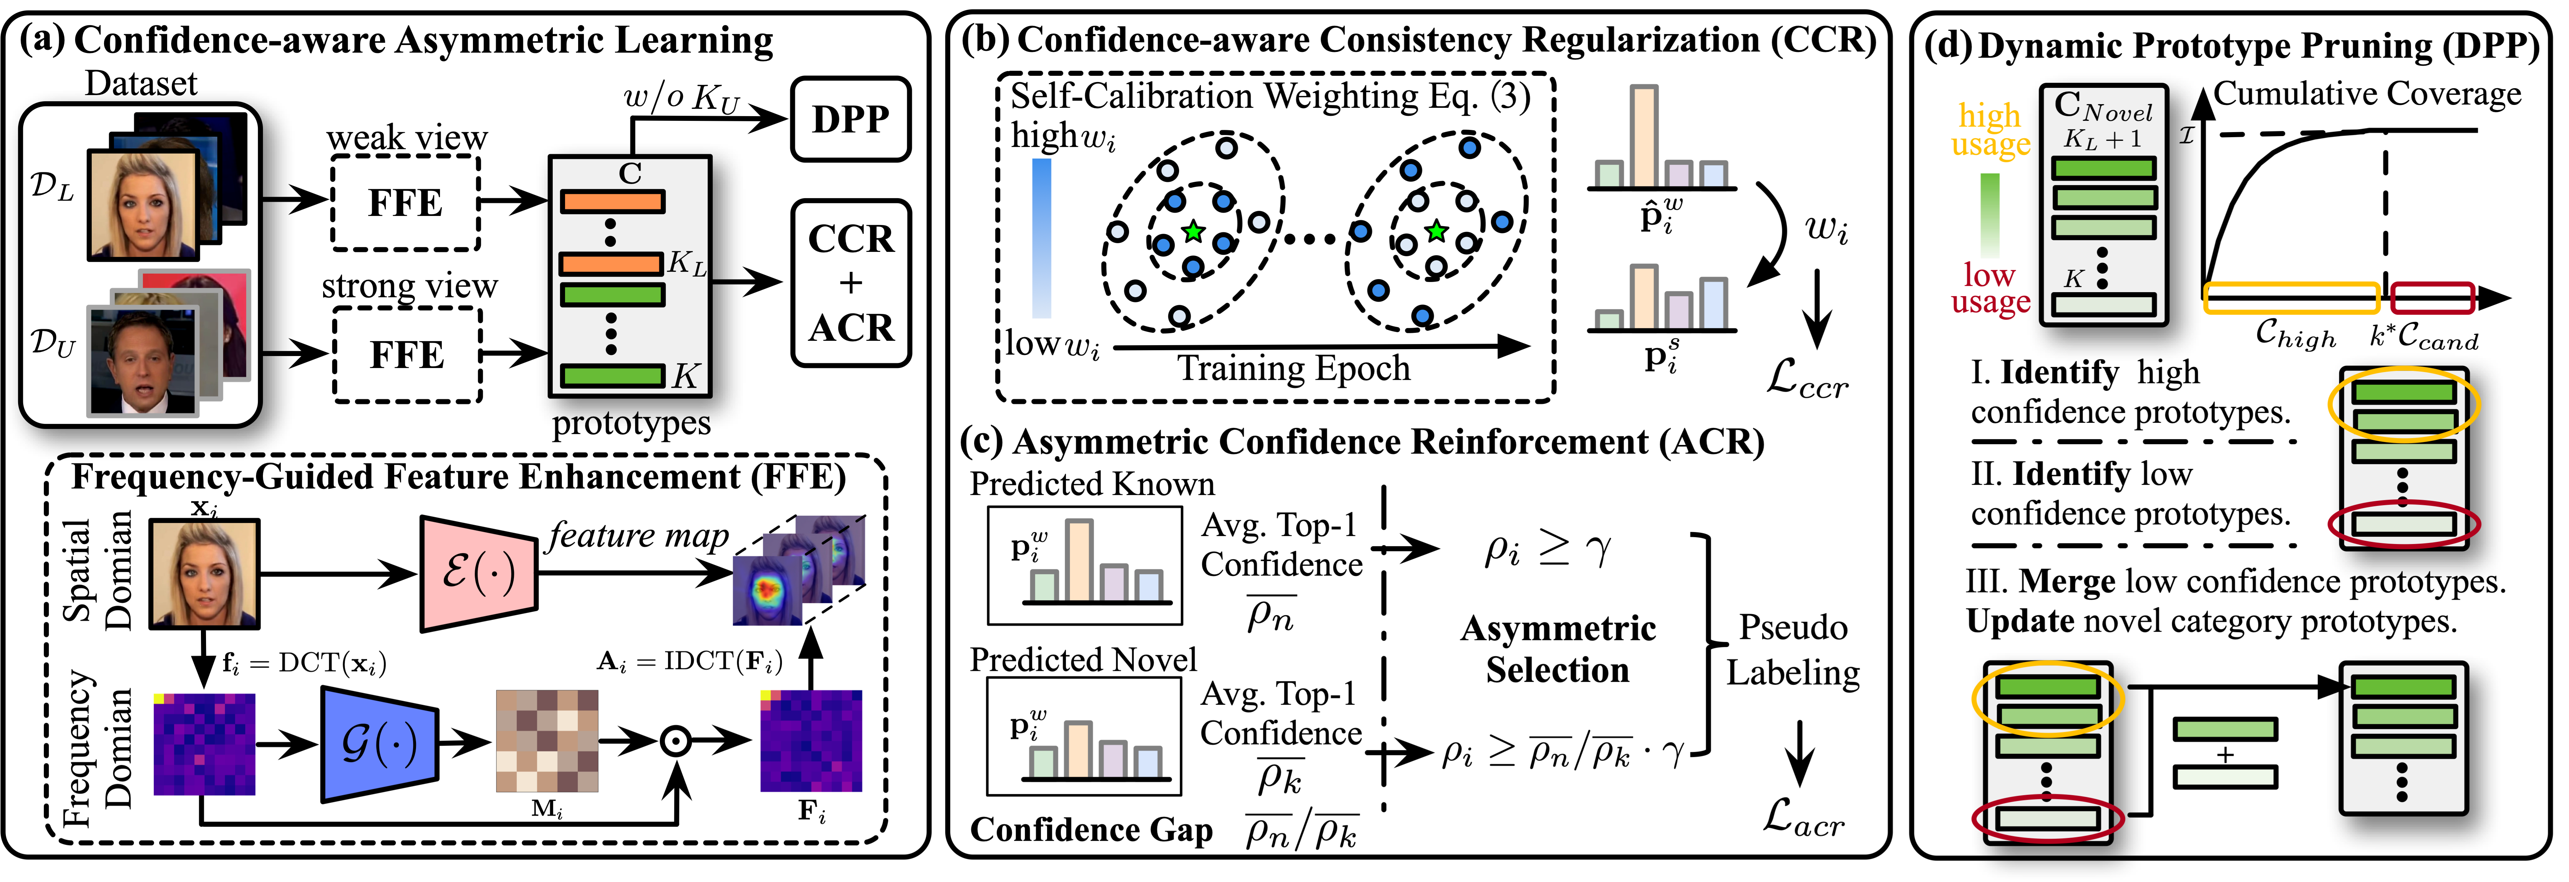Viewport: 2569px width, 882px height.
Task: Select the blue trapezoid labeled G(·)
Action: point(379,743)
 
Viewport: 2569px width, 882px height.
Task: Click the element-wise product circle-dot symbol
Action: point(676,741)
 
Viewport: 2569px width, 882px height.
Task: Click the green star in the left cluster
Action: point(1193,232)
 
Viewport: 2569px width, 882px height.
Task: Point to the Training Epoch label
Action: point(1293,368)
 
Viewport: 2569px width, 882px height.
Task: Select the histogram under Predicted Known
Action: point(1085,565)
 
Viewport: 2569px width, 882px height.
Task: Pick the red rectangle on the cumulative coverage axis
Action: point(2432,297)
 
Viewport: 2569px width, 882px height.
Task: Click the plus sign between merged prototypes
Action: point(2225,755)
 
